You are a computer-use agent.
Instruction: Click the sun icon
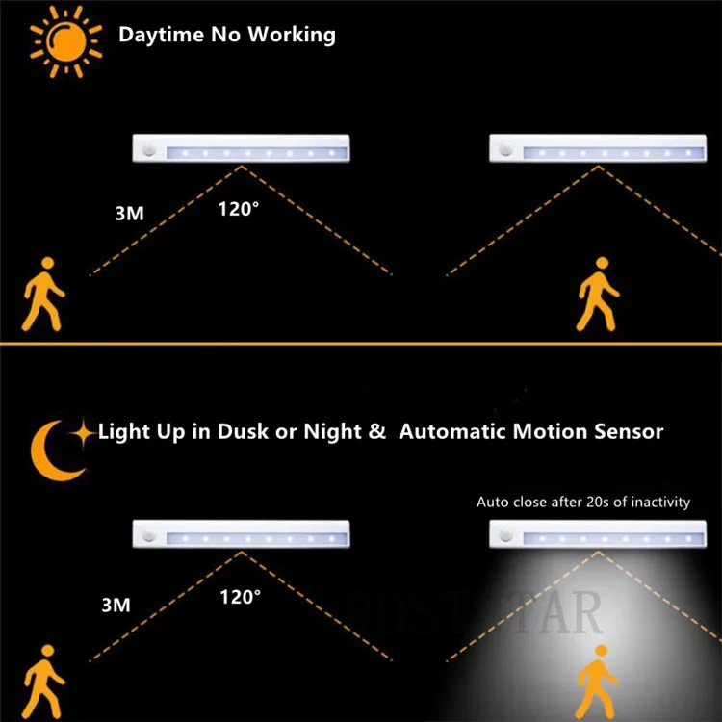pos(65,36)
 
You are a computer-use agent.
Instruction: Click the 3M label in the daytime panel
pos(129,214)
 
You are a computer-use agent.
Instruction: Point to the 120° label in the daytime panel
pos(237,208)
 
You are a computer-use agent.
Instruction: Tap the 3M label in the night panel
pos(116,606)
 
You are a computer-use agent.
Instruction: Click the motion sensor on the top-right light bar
pos(507,151)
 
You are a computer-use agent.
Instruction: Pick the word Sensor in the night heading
pos(627,431)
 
